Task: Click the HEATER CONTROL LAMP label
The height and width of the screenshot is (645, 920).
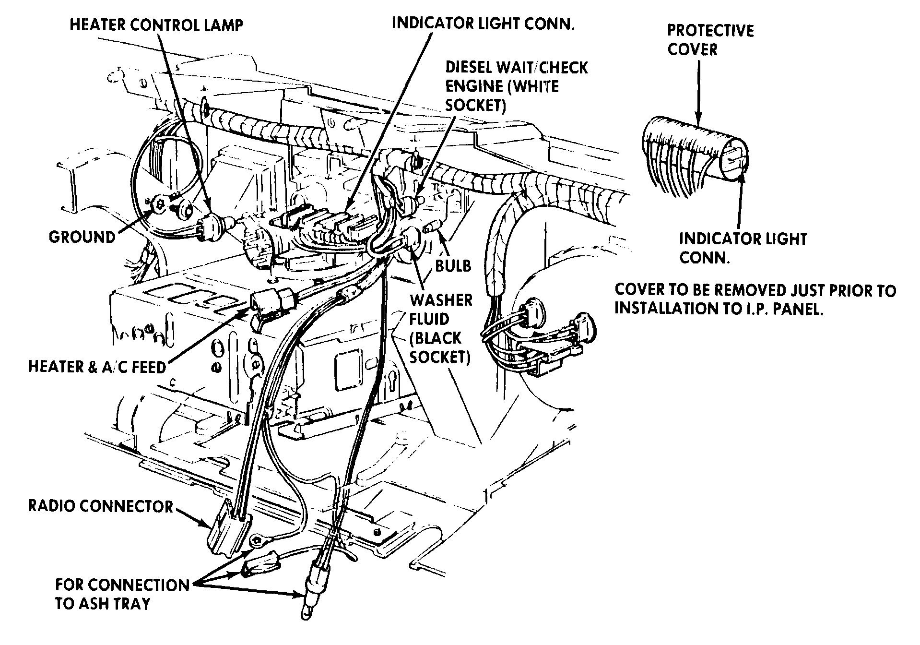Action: point(156,25)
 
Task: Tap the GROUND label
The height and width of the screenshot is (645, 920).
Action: point(82,237)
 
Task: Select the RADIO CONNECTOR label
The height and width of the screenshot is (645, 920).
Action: point(101,506)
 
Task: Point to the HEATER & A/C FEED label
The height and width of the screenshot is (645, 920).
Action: point(97,367)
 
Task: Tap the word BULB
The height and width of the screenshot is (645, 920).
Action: point(453,265)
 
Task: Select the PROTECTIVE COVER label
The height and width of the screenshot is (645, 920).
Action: point(710,40)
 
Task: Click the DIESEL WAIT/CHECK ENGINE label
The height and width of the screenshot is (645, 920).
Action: point(516,86)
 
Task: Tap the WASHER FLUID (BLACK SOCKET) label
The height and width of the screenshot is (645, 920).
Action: point(440,328)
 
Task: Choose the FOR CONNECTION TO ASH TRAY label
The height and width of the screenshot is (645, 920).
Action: point(122,594)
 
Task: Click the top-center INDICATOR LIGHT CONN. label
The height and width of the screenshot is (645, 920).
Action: point(483,24)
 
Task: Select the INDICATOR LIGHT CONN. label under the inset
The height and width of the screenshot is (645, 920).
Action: point(743,248)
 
